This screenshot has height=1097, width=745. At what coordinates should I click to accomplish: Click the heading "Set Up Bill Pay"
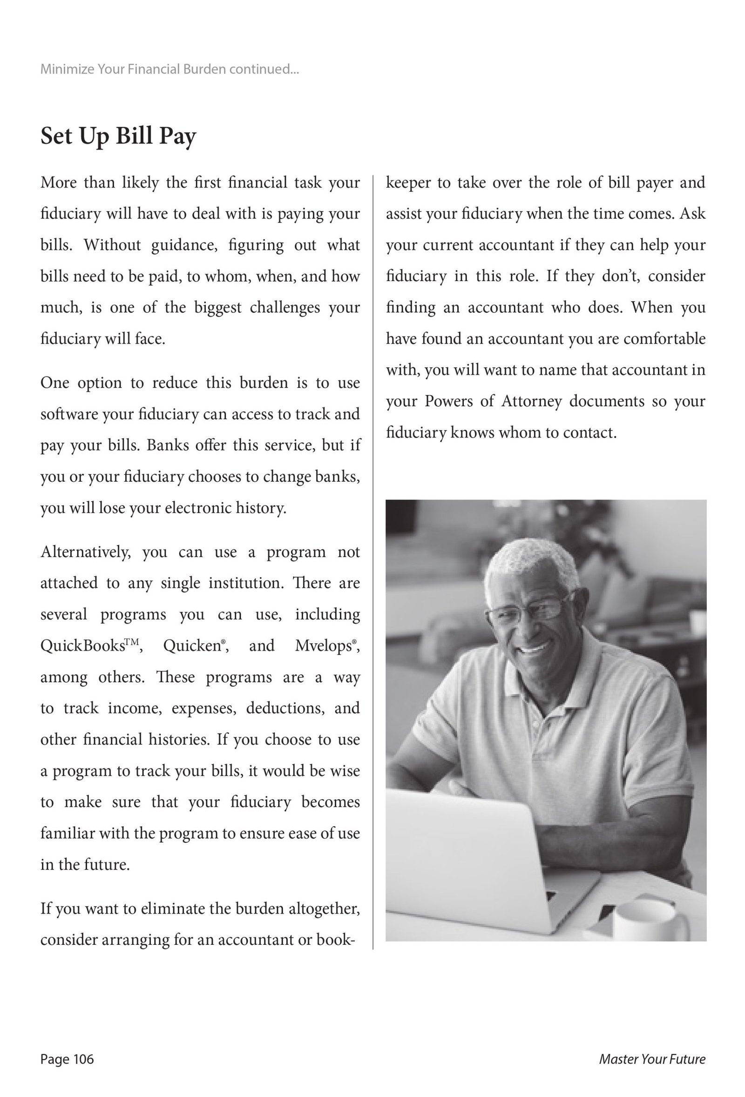pyautogui.click(x=118, y=136)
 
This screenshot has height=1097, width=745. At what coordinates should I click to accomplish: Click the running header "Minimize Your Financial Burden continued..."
pyautogui.click(x=169, y=69)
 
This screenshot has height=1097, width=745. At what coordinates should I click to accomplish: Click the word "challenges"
pyautogui.click(x=284, y=308)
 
